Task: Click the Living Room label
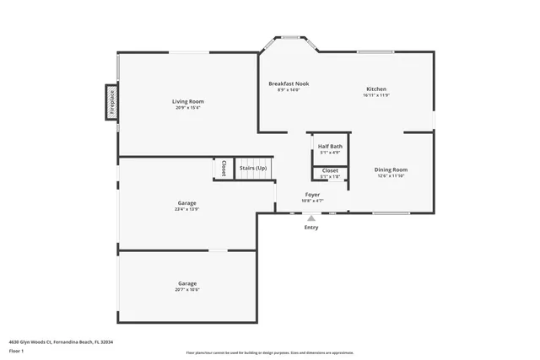[x=189, y=101]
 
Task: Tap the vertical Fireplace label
[x=111, y=102]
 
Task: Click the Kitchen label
[x=376, y=89]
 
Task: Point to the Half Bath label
[x=330, y=146]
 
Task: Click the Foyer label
[x=312, y=194]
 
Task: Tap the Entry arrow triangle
[x=311, y=218]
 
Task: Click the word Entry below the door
[x=311, y=228]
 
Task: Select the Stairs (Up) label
[x=253, y=168]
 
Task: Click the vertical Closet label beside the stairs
[x=224, y=168]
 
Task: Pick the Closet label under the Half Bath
[x=330, y=170]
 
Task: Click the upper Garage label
[x=186, y=202]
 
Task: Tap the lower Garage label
[x=186, y=283]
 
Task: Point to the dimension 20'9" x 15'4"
[x=189, y=108]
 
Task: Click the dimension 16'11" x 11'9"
[x=376, y=95]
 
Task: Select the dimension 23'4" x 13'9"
[x=186, y=208]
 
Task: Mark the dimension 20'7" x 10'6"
[x=186, y=289]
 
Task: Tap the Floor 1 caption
[x=17, y=352]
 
